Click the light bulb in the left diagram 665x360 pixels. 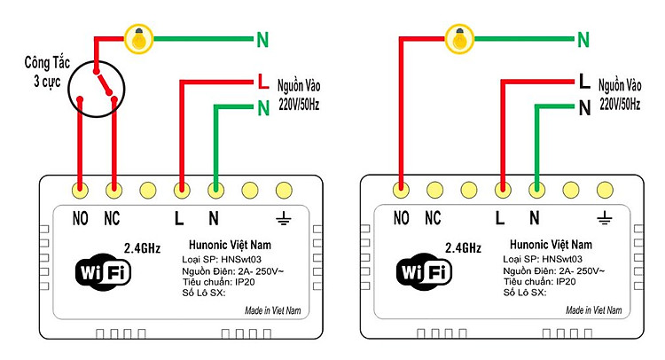click(x=137, y=38)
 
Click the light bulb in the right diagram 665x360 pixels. click(x=458, y=38)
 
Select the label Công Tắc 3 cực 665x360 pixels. click(x=49, y=73)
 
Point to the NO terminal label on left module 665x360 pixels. click(x=81, y=217)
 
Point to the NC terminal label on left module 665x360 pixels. click(x=113, y=217)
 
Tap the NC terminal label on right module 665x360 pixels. click(x=434, y=217)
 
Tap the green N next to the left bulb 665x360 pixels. click(x=262, y=39)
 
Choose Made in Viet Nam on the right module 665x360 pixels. click(x=594, y=311)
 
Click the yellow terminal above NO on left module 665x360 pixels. click(x=81, y=189)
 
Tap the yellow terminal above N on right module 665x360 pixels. click(x=536, y=189)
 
